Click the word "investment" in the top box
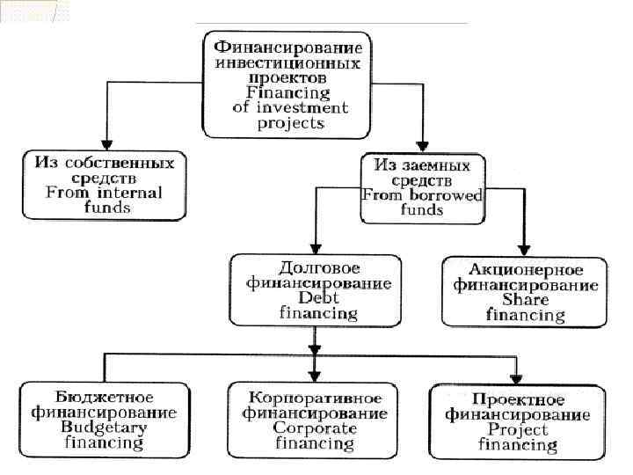[303, 107]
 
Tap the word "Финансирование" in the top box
[287, 47]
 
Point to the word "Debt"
[309, 298]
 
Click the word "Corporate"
[314, 427]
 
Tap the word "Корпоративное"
[314, 397]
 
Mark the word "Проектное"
[518, 398]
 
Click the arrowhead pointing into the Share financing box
[525, 250]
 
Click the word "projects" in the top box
[290, 123]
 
